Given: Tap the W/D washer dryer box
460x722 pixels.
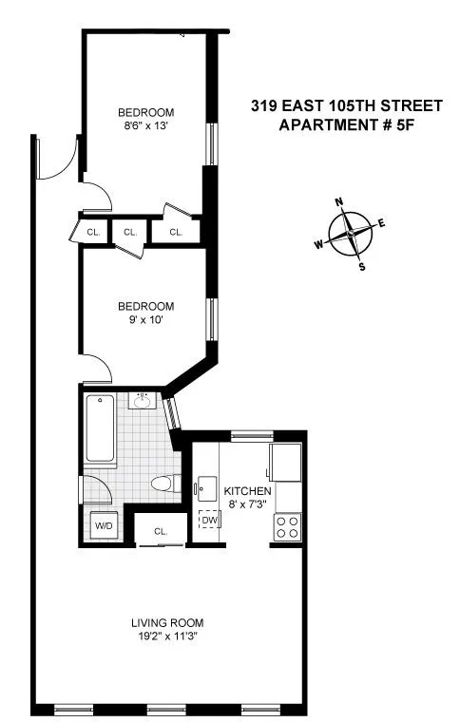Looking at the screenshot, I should click(x=102, y=524).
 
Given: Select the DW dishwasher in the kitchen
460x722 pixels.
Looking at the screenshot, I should click(x=207, y=521).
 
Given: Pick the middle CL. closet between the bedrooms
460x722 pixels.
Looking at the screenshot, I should click(x=130, y=231).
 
